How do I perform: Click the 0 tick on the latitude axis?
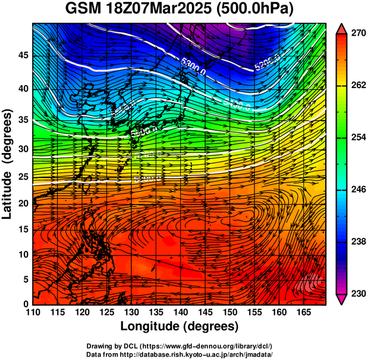[x=24, y=304]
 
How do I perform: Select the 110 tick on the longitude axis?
[x=33, y=312]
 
